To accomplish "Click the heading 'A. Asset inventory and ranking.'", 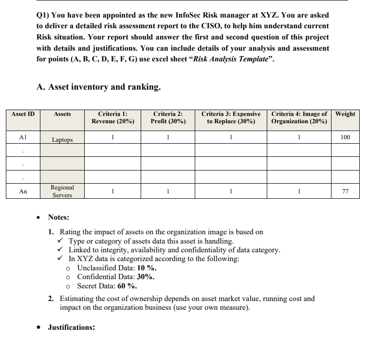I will pyautogui.click(x=98, y=87).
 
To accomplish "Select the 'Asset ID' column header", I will pyautogui.click(x=23, y=114).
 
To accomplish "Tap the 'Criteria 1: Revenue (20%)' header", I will pyautogui.click(x=113, y=117).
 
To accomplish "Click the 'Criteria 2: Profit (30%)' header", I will pyautogui.click(x=168, y=117).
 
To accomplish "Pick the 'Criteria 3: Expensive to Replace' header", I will pyautogui.click(x=231, y=117).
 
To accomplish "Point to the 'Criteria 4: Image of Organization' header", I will pyautogui.click(x=299, y=117).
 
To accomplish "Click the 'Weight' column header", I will pyautogui.click(x=345, y=114).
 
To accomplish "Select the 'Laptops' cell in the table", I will pyautogui.click(x=62, y=140).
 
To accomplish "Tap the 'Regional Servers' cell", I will pyautogui.click(x=62, y=191).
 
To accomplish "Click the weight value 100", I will pyautogui.click(x=345, y=137).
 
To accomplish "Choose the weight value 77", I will pyautogui.click(x=345, y=191).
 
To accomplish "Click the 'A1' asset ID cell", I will pyautogui.click(x=23, y=137).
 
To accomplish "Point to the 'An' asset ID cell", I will pyautogui.click(x=23, y=191).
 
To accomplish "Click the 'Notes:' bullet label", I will pyautogui.click(x=58, y=217).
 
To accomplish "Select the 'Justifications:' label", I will pyautogui.click(x=71, y=327).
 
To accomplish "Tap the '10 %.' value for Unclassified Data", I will pyautogui.click(x=147, y=268).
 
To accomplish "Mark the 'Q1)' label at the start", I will pyautogui.click(x=43, y=16).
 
